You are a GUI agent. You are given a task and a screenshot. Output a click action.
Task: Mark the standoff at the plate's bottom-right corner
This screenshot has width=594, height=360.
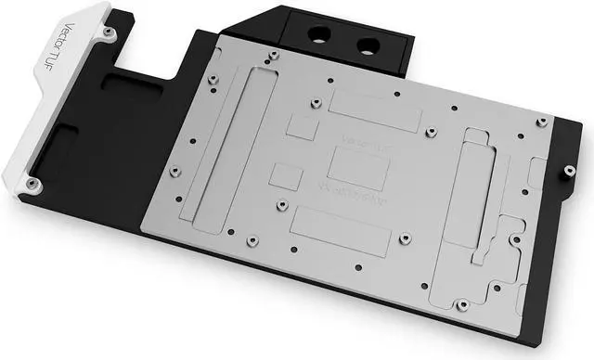click(461, 303)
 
